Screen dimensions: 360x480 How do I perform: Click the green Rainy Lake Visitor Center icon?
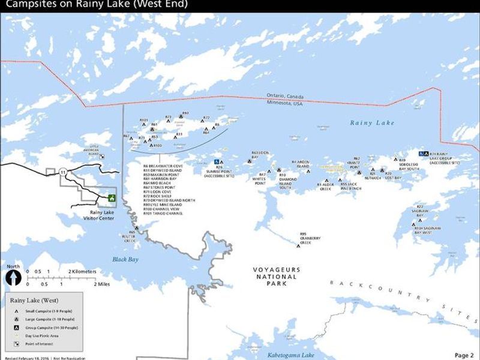(110, 197)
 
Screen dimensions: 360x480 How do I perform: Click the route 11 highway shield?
(63, 172)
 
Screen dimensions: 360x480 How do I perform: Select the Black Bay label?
(125, 259)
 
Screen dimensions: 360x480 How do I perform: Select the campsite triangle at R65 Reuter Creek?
(137, 228)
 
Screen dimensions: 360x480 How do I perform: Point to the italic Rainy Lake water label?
(373, 123)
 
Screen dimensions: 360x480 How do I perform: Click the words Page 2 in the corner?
(464, 355)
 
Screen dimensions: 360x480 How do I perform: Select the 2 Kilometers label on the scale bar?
(82, 272)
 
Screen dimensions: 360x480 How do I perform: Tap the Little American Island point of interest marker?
(103, 155)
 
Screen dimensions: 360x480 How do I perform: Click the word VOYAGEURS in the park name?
(277, 270)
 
